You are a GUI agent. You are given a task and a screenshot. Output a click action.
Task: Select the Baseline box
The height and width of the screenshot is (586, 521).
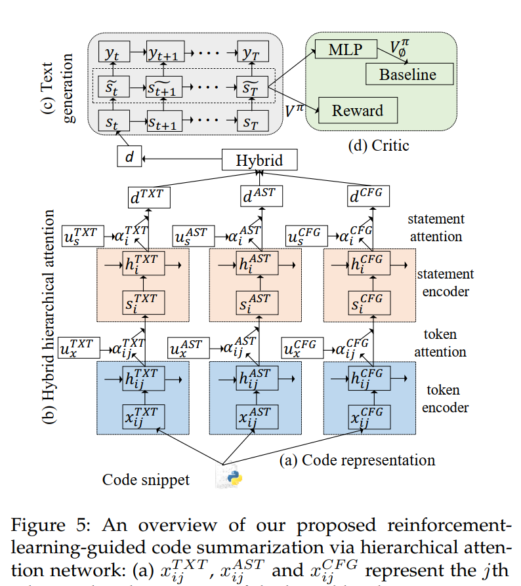(x=407, y=74)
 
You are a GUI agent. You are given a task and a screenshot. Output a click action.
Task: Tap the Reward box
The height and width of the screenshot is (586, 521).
(x=358, y=110)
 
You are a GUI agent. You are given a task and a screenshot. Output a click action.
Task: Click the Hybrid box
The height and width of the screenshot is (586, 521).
(x=260, y=160)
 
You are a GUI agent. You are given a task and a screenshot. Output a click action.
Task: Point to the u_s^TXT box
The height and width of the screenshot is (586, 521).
(x=81, y=235)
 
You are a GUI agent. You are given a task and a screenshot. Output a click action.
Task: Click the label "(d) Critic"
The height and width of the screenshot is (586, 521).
(x=378, y=145)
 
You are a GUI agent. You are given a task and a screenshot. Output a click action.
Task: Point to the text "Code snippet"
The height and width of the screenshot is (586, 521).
(x=146, y=480)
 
